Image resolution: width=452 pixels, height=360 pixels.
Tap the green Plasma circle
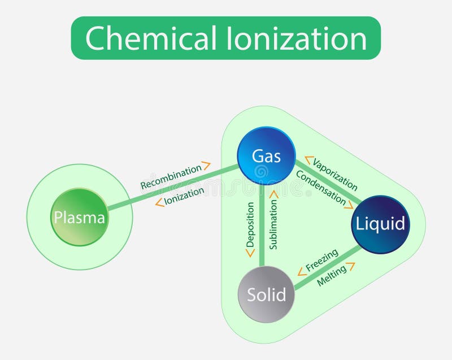79,218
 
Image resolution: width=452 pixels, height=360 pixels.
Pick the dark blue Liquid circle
380,224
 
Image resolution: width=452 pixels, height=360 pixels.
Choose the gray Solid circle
266,294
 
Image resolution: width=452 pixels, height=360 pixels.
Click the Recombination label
171,177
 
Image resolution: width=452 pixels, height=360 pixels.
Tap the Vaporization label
335,174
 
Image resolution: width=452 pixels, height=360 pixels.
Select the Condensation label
321,186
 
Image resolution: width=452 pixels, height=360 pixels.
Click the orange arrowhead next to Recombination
206,166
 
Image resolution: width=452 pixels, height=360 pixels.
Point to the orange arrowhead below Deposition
250,253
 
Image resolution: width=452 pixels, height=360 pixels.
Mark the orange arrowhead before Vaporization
308,161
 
